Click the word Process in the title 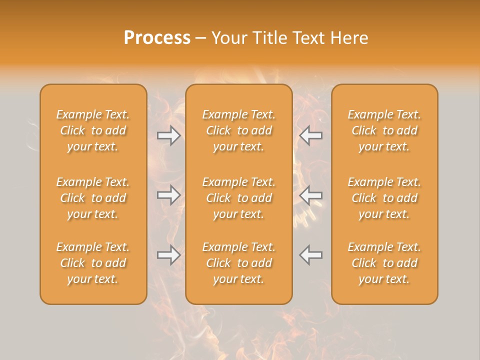[157, 38]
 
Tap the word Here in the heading [349, 38]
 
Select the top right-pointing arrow [168, 135]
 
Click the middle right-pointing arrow [168, 194]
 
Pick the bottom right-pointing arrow [168, 255]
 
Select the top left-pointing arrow [311, 135]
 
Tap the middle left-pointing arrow [311, 194]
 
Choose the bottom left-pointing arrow [311, 255]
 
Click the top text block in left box [93, 130]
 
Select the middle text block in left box [93, 198]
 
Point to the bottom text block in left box [93, 263]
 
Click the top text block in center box [239, 130]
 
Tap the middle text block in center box [239, 198]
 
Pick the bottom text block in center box [239, 263]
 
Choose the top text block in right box [384, 130]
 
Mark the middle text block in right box [384, 198]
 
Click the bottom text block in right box [384, 263]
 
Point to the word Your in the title [228, 38]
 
